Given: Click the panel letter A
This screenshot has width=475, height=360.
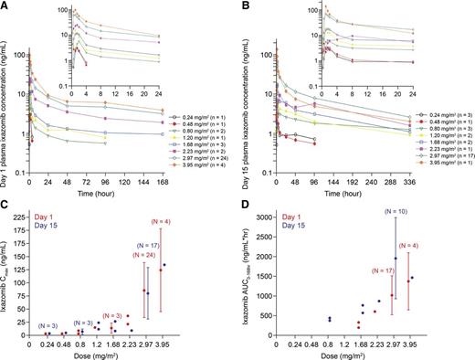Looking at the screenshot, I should [x=6, y=6].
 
